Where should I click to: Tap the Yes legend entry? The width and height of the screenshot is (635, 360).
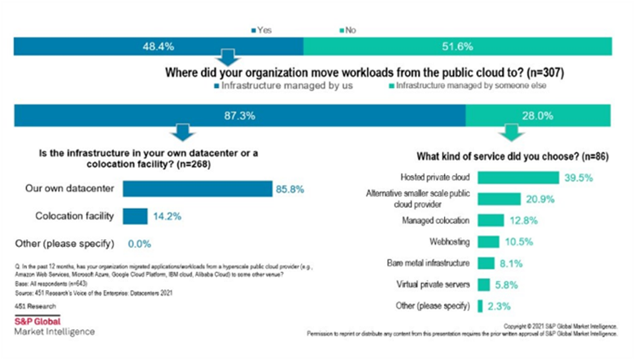261,30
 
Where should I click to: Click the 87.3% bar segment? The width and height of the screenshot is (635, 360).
240,115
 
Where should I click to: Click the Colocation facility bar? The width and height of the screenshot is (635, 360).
136,216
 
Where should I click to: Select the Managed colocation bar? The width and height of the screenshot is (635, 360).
490,220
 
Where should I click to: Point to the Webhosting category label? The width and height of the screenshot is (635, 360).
450,241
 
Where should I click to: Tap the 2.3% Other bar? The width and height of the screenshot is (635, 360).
480,306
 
